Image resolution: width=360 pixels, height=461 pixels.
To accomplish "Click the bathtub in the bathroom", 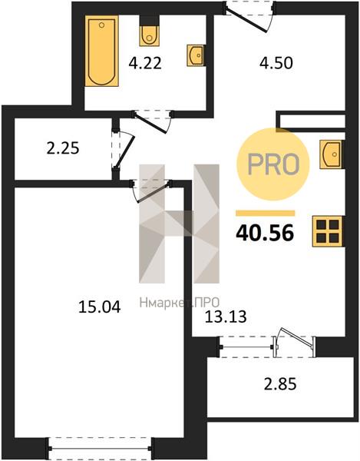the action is click(101, 51).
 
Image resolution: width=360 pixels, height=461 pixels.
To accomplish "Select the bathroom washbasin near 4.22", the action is click(196, 55).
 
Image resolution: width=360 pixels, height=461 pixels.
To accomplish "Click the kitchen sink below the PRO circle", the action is click(332, 154).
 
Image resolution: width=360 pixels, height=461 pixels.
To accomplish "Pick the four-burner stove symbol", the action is click(327, 231).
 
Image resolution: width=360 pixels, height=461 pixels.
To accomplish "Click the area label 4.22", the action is click(145, 63).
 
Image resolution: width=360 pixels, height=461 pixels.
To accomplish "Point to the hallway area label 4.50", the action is click(276, 63).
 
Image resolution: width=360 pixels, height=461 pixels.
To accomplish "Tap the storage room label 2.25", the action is click(63, 148).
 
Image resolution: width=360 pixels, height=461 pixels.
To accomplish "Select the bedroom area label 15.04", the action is click(100, 307).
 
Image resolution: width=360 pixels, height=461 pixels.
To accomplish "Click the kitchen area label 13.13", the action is click(226, 317).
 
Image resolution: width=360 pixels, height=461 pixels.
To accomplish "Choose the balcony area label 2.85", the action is click(280, 384).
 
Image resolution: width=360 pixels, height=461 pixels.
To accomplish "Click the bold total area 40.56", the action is click(265, 233).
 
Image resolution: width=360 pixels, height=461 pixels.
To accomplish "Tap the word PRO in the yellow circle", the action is click(273, 164).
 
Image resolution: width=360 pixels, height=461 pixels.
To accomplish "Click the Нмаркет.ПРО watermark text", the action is click(180, 302).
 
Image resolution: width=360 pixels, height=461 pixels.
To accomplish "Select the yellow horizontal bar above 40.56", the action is click(266, 213).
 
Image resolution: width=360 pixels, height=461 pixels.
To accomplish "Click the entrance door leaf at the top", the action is click(247, 20).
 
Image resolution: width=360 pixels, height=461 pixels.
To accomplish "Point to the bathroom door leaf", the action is click(150, 123).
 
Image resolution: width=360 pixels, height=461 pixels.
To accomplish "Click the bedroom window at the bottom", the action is click(100, 449).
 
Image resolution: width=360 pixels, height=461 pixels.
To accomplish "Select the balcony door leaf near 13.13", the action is click(296, 337).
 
